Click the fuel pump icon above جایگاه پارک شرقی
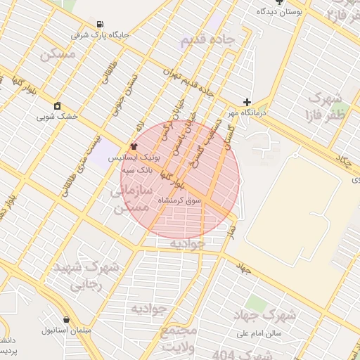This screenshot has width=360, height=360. click(100, 23)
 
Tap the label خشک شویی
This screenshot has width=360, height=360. click(57, 116)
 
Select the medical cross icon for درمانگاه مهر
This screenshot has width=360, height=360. click(246, 102)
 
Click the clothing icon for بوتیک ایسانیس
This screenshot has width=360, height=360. click(134, 147)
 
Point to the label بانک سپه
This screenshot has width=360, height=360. click(137, 170)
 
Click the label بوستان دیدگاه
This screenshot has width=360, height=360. click(281, 12)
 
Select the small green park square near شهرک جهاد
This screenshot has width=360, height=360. click(256, 304)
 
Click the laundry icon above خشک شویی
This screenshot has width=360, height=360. click(57, 105)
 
